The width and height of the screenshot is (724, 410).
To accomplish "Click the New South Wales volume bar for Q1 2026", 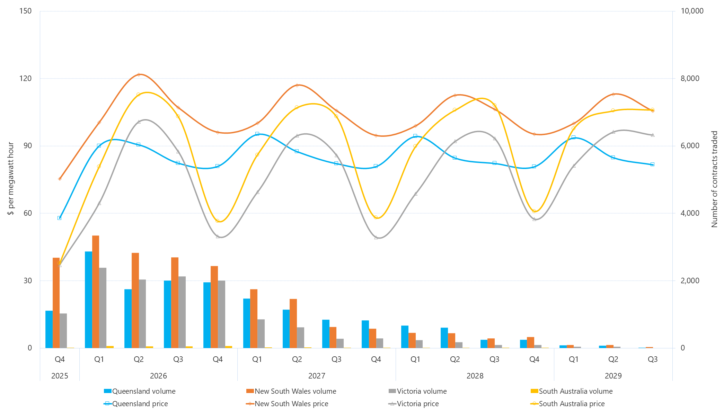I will click(x=96, y=292).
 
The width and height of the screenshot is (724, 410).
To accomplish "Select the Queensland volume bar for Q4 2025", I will click(x=49, y=329).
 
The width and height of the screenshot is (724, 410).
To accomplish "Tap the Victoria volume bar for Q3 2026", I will click(x=182, y=312).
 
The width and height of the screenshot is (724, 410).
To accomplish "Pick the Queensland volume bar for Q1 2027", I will click(x=247, y=323).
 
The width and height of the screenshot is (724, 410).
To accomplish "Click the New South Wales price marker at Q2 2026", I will click(x=139, y=75).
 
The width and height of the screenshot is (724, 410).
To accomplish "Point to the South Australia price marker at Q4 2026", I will click(x=218, y=221).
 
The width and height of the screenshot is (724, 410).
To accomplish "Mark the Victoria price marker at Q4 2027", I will click(x=376, y=238).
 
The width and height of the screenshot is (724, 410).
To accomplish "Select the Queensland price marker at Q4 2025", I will click(x=60, y=218).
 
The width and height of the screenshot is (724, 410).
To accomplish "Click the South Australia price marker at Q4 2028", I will click(x=534, y=211).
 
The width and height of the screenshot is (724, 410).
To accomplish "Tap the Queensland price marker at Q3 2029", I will click(x=653, y=164).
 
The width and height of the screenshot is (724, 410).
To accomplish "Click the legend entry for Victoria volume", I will click(x=418, y=391).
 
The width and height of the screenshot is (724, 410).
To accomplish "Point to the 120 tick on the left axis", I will click(x=25, y=78).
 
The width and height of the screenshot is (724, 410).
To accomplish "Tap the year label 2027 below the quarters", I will click(x=316, y=376).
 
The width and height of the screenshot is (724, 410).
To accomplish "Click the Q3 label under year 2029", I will click(x=653, y=359).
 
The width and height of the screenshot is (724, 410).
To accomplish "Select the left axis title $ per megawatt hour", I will click(x=11, y=179).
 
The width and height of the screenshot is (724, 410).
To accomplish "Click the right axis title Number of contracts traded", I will click(x=714, y=179).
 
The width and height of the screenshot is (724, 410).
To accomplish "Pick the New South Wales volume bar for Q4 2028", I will click(x=531, y=342).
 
